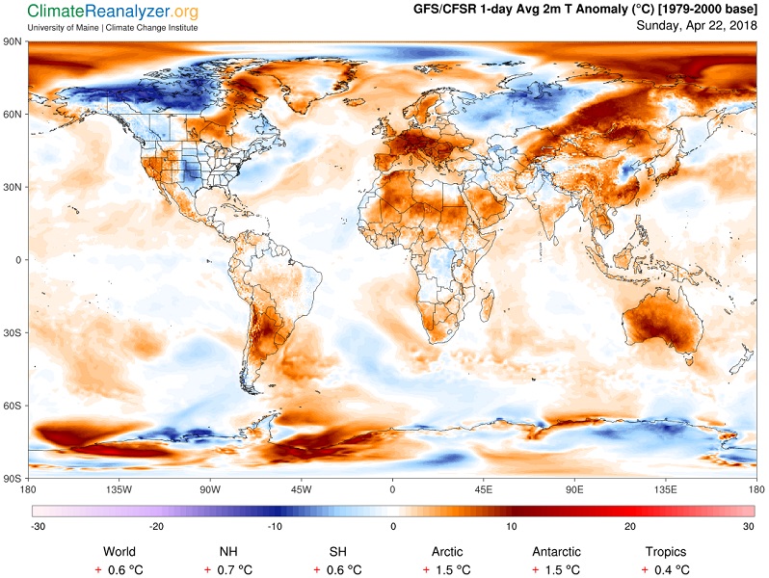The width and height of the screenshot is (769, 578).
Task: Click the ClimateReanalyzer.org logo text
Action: pyautogui.click(x=113, y=12)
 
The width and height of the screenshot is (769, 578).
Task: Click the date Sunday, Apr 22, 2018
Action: pyautogui.click(x=697, y=25)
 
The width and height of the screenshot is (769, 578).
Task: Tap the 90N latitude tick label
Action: pyautogui.click(x=13, y=41)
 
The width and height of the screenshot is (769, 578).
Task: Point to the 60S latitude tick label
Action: pyautogui.click(x=13, y=406)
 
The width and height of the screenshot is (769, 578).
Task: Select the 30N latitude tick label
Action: pyautogui.click(x=13, y=187)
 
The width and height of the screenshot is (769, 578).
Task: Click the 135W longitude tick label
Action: pyautogui.click(x=119, y=489)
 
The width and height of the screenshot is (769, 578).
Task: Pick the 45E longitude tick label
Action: pyautogui.click(x=483, y=489)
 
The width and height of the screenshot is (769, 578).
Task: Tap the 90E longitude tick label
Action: pyautogui.click(x=574, y=489)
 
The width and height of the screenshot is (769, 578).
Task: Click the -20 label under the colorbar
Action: pyautogui.click(x=156, y=527)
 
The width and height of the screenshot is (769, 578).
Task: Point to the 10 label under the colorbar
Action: pyautogui.click(x=512, y=527)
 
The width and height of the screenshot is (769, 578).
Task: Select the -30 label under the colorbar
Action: pyautogui.click(x=39, y=527)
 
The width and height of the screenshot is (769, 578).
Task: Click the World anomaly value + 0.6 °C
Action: pyautogui.click(x=119, y=570)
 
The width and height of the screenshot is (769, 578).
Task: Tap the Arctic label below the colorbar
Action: pyautogui.click(x=447, y=552)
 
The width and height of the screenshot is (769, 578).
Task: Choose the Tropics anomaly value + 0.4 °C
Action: pyautogui.click(x=666, y=570)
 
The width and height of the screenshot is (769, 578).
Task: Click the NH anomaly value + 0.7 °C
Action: pyautogui.click(x=228, y=570)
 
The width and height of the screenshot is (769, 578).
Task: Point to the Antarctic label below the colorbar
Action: pyautogui.click(x=557, y=552)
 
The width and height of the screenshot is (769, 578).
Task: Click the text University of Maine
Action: pyautogui.click(x=63, y=28)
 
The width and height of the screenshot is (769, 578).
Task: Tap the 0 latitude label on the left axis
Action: pyautogui.click(x=18, y=260)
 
